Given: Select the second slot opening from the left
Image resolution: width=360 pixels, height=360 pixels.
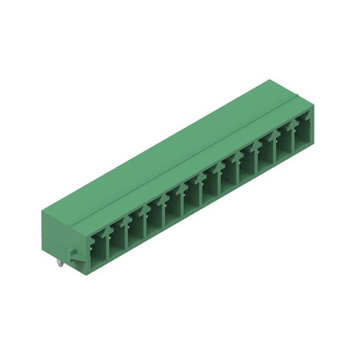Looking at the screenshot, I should point(116,238).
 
